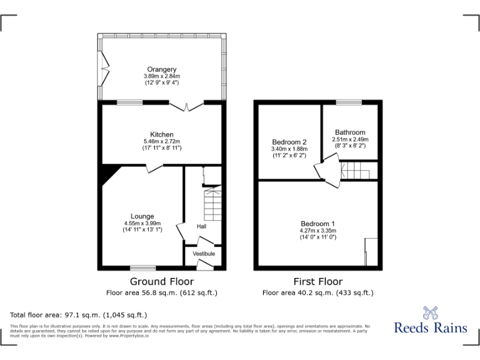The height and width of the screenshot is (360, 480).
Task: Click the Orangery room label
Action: [x=162, y=69]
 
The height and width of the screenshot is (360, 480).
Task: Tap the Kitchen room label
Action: [x=162, y=134]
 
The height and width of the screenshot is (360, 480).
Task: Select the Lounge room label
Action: [x=142, y=216]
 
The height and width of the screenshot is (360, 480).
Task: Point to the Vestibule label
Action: [x=204, y=254]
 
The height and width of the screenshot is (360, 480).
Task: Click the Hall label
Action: [x=201, y=226]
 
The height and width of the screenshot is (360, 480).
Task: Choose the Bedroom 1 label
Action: [x=317, y=224]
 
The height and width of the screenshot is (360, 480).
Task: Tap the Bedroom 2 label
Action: [x=289, y=142]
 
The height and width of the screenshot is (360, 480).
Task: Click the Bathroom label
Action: [x=350, y=132]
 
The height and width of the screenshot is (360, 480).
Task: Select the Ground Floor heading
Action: [x=162, y=282]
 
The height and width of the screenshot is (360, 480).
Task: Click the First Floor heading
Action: [x=317, y=282]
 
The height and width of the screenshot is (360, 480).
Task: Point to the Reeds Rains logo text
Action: [x=431, y=327]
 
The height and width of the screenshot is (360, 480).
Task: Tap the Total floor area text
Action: [x=79, y=315]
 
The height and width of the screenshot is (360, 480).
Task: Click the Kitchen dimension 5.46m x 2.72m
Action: [x=162, y=142]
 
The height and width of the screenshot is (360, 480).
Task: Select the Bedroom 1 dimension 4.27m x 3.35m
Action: [x=317, y=231]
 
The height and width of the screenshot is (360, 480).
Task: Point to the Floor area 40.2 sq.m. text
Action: [x=317, y=292]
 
